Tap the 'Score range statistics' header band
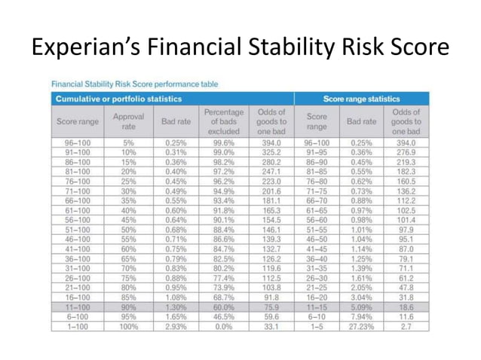[361, 99]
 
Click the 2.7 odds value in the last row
[406, 328]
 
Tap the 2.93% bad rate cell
[175, 328]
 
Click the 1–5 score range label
[316, 328]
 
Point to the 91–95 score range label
[316, 152]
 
